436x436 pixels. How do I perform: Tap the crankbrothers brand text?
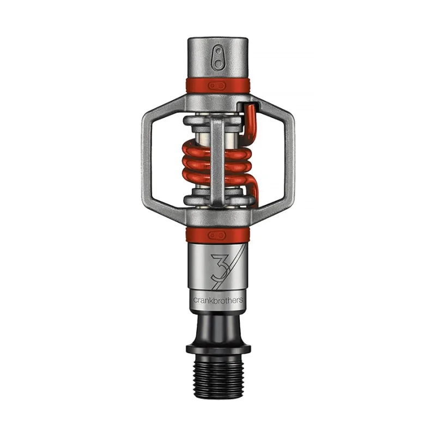(x=218, y=300)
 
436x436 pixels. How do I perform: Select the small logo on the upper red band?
(x=217, y=86)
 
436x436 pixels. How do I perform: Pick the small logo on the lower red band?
(x=217, y=235)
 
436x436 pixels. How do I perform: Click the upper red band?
(x=196, y=86)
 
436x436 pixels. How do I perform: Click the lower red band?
(x=196, y=235)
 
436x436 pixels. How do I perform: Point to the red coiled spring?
(x=196, y=163)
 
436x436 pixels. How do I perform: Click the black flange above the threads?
(x=218, y=347)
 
